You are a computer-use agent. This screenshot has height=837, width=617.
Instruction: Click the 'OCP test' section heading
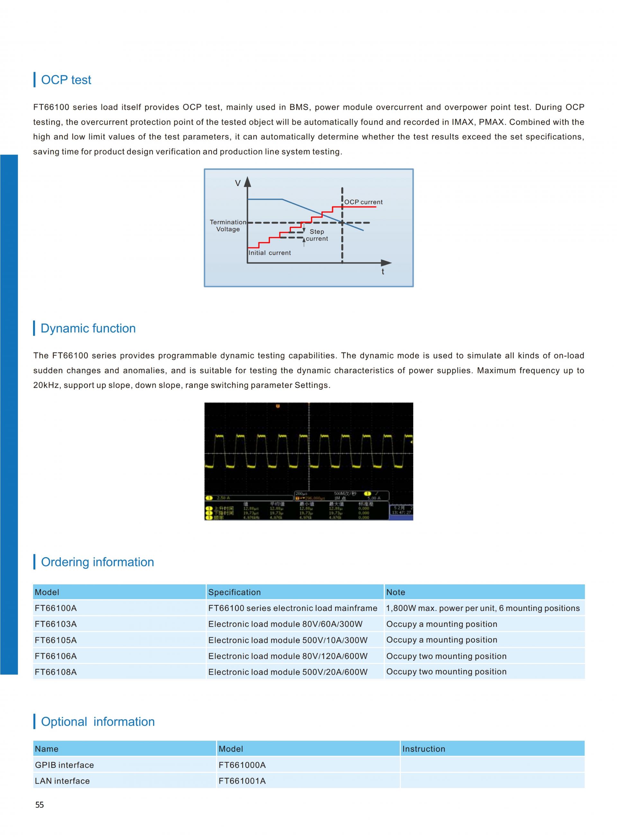tap(66, 80)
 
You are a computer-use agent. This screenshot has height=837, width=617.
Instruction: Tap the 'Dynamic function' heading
tap(88, 328)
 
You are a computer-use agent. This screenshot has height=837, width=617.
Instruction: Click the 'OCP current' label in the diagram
tap(363, 202)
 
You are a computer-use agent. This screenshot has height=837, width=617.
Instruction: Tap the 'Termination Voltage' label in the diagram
tap(228, 225)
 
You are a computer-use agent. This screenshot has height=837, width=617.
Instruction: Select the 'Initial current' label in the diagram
tap(269, 253)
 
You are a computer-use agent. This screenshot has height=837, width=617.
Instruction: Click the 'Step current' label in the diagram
tap(317, 235)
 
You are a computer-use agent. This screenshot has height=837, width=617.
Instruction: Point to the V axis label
tap(237, 183)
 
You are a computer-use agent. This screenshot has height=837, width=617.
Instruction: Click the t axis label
tap(382, 272)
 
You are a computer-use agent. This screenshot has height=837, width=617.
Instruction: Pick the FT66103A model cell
tap(56, 624)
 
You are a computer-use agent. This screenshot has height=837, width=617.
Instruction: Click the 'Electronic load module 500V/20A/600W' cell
tap(288, 672)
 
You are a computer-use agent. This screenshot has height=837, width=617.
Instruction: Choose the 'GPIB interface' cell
tap(64, 765)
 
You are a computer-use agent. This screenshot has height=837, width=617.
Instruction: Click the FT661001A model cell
tap(242, 781)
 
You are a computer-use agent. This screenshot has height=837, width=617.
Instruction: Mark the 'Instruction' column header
tap(424, 749)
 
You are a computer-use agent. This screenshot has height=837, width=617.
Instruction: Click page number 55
tap(40, 805)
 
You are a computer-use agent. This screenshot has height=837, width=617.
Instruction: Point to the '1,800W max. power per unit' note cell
tap(483, 608)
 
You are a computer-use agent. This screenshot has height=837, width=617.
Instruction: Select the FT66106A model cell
tap(56, 656)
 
